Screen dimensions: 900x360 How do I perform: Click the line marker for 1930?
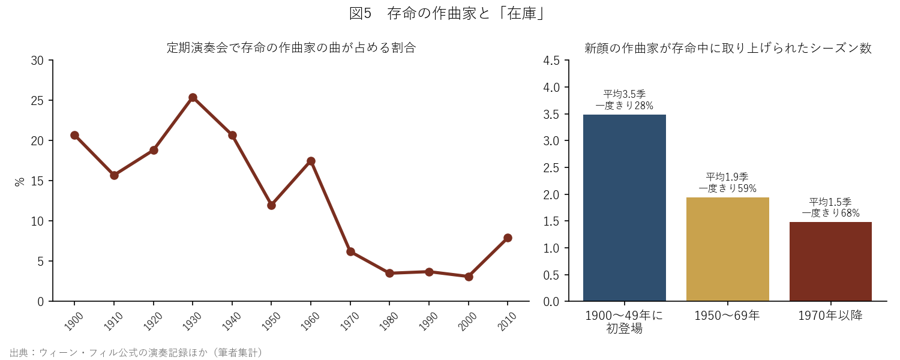[x=193, y=98]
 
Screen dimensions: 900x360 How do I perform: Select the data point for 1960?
[x=311, y=161]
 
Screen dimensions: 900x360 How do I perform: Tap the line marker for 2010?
[x=508, y=238]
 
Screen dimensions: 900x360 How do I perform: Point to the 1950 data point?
[x=272, y=205]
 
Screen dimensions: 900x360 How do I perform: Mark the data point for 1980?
[x=389, y=273]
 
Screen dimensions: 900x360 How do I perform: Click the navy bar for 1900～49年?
[x=625, y=208]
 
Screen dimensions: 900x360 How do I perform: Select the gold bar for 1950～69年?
[x=728, y=249]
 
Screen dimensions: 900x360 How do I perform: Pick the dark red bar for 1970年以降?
[x=830, y=262]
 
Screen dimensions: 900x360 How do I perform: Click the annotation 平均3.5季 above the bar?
[x=625, y=94]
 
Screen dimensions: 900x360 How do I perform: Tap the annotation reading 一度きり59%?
[x=728, y=188]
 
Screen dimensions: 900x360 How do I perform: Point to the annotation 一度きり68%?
[x=830, y=213]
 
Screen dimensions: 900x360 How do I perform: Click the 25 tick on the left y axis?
[x=37, y=100]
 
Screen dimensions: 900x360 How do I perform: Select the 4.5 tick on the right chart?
[x=551, y=60]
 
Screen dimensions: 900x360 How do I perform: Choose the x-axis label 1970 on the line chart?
[x=350, y=322]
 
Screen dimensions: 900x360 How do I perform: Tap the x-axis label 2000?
[x=467, y=322]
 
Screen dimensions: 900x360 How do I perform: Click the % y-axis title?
[x=19, y=182]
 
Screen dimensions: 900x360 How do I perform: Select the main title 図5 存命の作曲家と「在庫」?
[x=447, y=14]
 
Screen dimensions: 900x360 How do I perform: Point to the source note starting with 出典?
[x=136, y=352]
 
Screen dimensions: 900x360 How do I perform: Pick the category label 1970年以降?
[x=830, y=316]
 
